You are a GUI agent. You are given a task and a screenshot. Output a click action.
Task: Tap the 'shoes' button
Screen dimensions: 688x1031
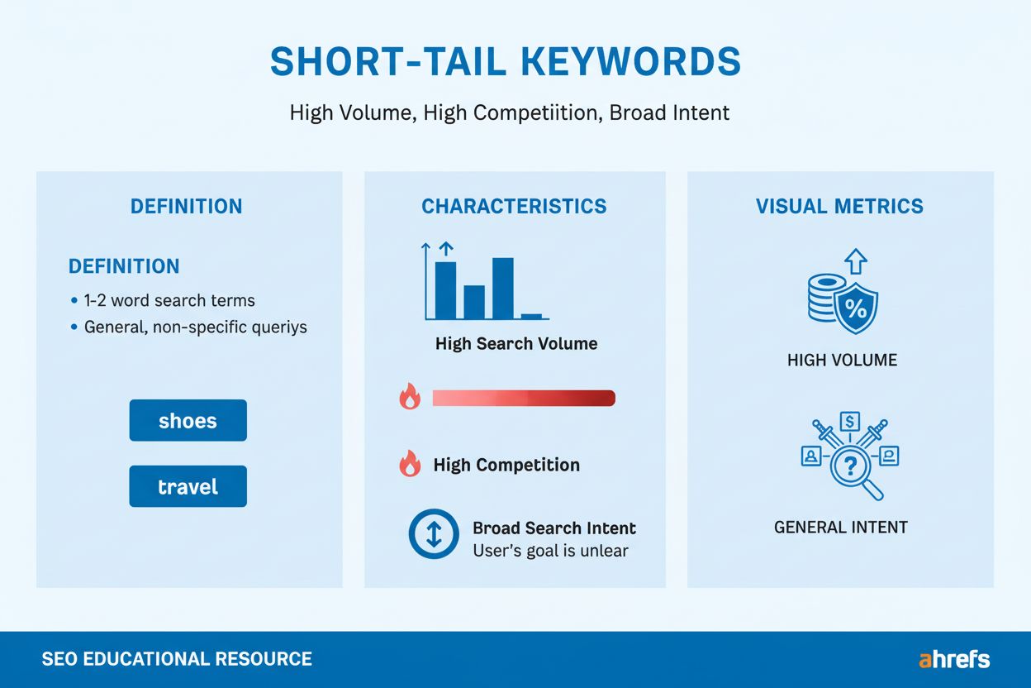click(188, 421)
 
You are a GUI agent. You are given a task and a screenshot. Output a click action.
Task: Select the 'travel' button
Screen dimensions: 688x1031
click(188, 486)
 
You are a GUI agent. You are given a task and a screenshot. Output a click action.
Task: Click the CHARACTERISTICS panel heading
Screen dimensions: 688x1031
click(514, 207)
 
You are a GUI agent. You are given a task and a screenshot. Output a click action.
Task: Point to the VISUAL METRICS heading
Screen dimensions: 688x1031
click(839, 207)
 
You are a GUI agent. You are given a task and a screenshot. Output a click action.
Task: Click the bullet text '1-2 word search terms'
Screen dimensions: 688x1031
click(169, 301)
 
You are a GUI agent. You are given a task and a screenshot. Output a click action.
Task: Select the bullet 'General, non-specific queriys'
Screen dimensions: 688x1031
click(195, 327)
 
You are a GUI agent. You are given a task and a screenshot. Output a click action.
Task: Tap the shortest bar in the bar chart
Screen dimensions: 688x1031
click(531, 316)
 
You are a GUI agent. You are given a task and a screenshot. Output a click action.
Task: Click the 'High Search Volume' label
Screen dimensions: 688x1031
click(516, 344)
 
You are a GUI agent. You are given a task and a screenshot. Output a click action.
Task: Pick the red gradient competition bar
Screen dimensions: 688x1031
click(524, 399)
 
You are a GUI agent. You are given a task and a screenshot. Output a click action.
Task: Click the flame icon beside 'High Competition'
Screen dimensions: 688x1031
click(410, 465)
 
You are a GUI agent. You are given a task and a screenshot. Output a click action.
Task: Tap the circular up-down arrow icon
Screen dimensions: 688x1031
click(434, 535)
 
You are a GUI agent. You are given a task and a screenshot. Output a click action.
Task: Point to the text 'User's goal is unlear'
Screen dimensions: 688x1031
click(550, 551)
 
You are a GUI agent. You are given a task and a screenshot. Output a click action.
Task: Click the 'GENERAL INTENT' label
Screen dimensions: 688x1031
click(840, 528)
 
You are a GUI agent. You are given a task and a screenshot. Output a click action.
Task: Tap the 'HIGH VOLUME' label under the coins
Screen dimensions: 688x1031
click(842, 361)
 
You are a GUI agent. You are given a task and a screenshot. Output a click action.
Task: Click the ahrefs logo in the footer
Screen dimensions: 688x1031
click(954, 659)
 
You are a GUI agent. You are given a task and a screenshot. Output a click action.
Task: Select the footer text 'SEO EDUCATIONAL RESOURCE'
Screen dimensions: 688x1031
click(177, 659)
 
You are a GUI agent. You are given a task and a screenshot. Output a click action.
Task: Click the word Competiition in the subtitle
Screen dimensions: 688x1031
click(511, 112)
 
